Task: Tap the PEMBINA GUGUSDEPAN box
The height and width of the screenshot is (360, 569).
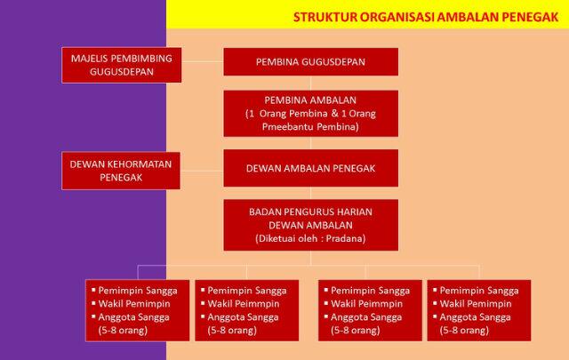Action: point(310,61)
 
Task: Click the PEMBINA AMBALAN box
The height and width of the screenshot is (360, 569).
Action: point(310,114)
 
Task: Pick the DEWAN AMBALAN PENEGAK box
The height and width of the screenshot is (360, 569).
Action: point(310,167)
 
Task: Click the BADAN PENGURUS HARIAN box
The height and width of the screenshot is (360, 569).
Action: point(310,226)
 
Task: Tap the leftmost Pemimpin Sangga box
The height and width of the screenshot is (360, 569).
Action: point(136,310)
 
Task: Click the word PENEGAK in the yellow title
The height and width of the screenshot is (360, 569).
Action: point(531,16)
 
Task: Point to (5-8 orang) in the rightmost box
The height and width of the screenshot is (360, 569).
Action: point(465,331)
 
